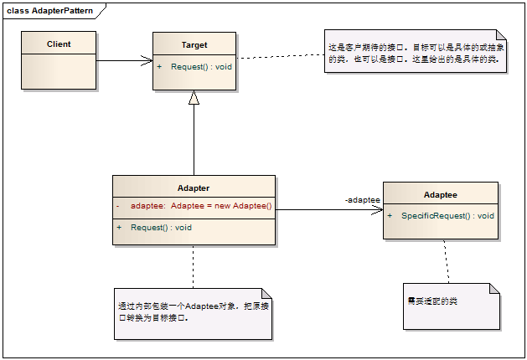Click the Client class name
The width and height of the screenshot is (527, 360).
tap(59, 44)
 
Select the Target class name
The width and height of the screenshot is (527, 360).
tap(194, 45)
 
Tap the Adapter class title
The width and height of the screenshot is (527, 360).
tap(194, 188)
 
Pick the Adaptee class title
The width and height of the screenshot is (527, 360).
tap(440, 194)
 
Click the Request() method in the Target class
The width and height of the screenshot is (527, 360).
tap(201, 66)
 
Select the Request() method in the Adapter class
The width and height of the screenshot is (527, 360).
tap(161, 227)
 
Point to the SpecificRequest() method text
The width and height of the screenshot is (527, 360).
tap(447, 215)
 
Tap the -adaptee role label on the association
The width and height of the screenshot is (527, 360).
tap(363, 200)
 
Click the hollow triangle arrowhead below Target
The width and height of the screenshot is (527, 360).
tap(194, 98)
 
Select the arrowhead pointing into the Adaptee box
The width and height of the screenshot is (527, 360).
tap(377, 210)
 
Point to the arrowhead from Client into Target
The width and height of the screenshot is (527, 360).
tap(147, 60)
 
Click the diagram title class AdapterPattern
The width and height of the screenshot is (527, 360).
tap(49, 10)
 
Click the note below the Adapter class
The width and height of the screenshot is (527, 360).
tap(194, 313)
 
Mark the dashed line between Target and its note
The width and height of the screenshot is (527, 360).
tap(280, 56)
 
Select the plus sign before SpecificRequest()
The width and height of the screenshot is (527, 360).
tap(390, 215)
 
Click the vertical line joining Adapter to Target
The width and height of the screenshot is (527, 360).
tap(194, 142)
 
